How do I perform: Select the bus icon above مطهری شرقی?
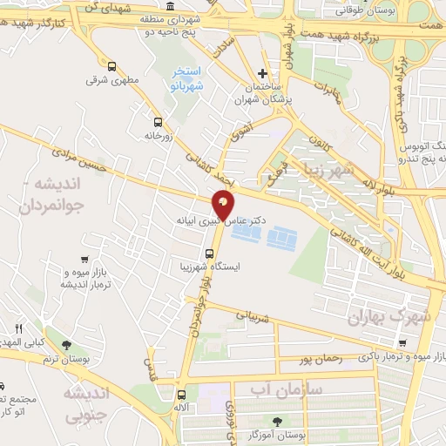click(111, 66)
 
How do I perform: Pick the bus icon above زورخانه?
click(158, 122)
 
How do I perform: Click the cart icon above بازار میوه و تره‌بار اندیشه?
click(84, 259)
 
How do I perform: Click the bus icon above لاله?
click(170, 394)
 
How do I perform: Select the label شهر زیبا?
click(323, 170)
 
